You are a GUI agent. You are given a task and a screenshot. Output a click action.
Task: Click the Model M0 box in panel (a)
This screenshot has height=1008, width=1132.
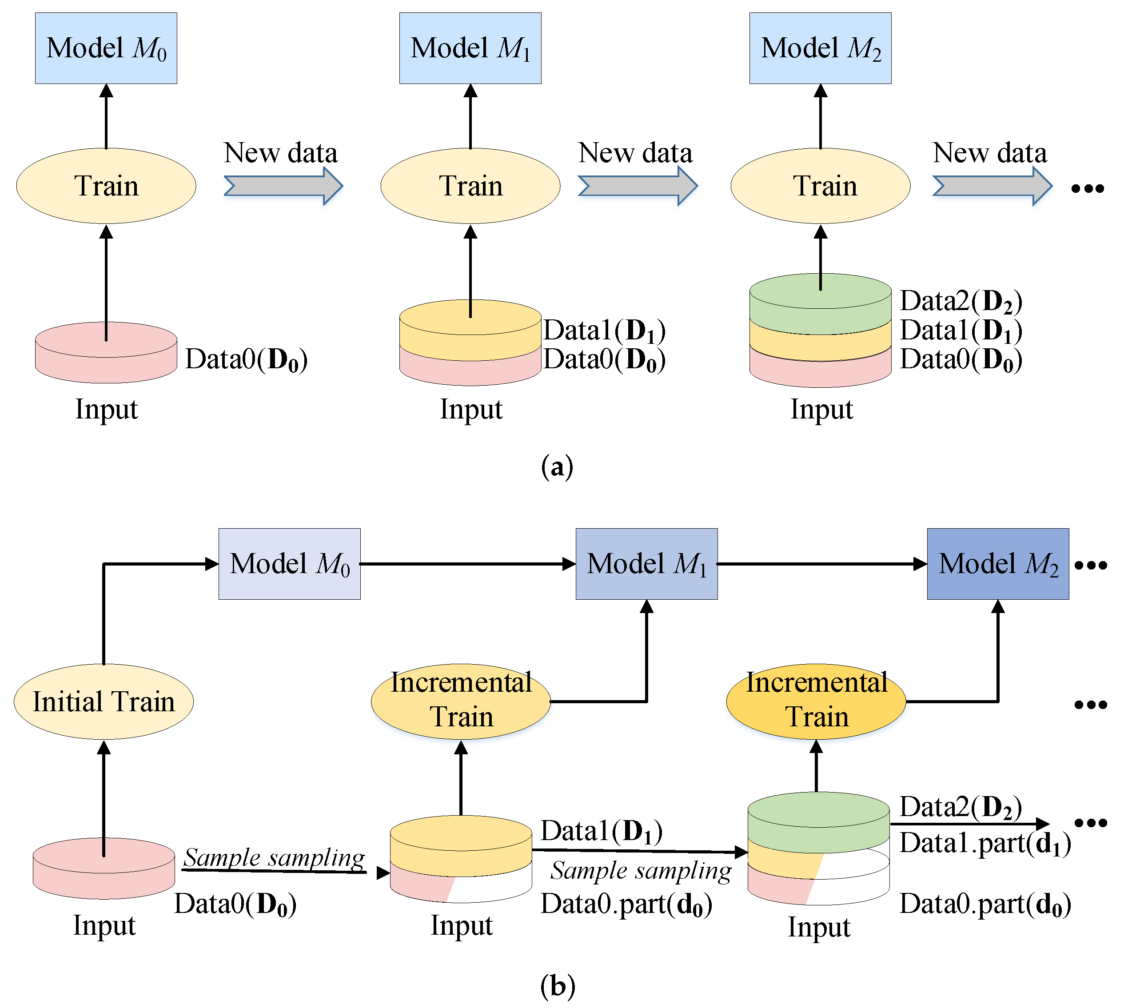coord(106,48)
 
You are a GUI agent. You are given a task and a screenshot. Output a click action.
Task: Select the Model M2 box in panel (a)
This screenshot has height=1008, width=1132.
coord(820,48)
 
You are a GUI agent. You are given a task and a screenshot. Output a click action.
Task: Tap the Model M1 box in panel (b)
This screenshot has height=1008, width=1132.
coord(646,564)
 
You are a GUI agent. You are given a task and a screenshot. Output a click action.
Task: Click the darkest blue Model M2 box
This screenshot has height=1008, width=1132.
coord(997,564)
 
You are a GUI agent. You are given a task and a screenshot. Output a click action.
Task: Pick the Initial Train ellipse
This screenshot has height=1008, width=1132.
coord(104,702)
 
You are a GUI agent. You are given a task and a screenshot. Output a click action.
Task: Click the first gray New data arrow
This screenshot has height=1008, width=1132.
coord(283,186)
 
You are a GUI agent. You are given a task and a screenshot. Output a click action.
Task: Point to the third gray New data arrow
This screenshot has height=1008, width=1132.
coord(991,186)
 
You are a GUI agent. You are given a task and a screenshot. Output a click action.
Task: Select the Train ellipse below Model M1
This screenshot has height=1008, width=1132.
coord(470,186)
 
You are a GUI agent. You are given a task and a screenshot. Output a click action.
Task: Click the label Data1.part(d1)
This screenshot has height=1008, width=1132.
coord(985,844)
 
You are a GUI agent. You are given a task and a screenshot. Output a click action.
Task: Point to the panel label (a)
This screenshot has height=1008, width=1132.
coord(557,467)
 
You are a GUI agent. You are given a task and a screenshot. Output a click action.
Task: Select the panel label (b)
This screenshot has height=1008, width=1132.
coord(557,986)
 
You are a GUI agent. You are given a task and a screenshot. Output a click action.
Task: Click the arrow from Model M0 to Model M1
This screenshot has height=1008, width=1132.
coord(468,564)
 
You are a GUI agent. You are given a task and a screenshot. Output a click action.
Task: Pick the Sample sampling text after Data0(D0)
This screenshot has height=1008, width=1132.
coord(274,857)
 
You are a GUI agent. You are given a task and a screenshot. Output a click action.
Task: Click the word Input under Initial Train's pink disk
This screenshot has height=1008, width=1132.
coord(104,925)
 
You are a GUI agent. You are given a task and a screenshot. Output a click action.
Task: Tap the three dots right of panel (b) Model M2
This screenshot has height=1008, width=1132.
coord(1090,565)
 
